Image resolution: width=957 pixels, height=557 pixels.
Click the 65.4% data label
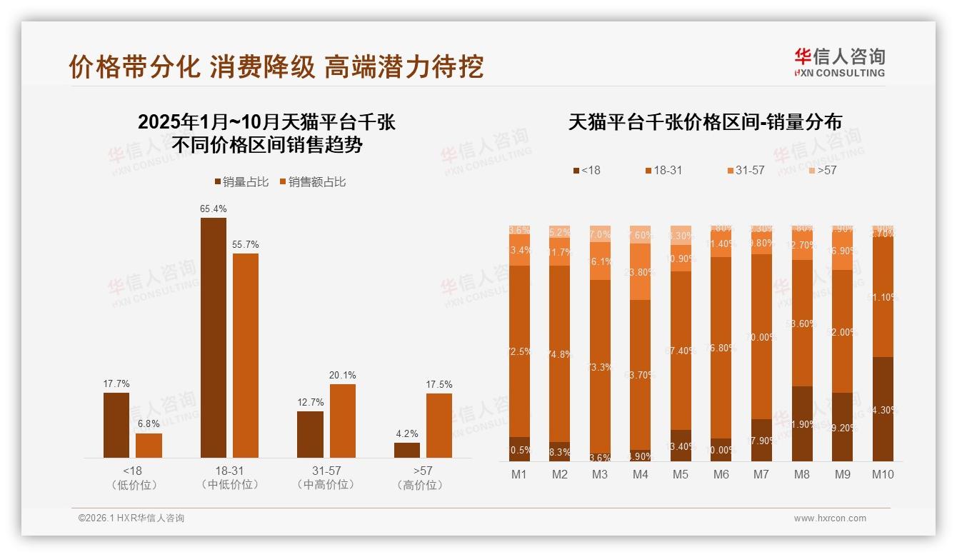click(213, 209)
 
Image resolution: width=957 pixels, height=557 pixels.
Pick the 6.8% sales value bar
click(149, 445)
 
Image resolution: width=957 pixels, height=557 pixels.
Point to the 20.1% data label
click(343, 376)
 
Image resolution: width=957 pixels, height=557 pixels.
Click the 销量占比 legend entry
click(241, 182)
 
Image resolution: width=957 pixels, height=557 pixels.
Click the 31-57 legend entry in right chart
click(746, 171)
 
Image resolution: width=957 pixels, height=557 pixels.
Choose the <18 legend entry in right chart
click(586, 171)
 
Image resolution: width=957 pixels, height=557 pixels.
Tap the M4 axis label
click(640, 474)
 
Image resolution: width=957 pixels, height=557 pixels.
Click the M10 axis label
click(883, 474)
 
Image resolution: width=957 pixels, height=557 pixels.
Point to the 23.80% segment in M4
click(640, 271)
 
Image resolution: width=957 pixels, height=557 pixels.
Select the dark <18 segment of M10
click(883, 408)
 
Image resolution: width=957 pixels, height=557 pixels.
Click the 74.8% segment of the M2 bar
click(559, 353)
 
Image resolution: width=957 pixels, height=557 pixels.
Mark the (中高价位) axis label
click(326, 485)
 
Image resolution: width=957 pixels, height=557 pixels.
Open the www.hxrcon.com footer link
click(830, 518)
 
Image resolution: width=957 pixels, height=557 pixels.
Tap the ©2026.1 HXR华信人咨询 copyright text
click(131, 518)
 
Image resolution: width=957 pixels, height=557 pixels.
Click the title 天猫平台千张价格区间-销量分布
click(705, 122)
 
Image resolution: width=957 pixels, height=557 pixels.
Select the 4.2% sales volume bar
click(406, 450)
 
